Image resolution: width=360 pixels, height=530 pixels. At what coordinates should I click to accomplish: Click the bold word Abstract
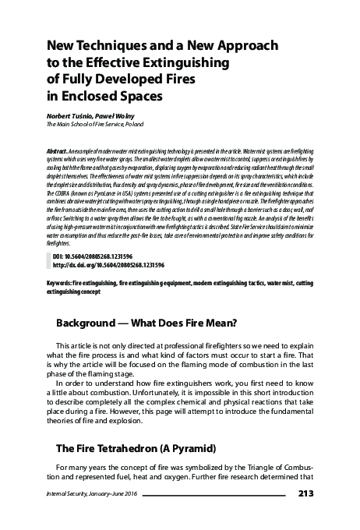click(x=59, y=148)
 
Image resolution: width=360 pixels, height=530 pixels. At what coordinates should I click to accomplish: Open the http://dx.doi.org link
click(x=105, y=264)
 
